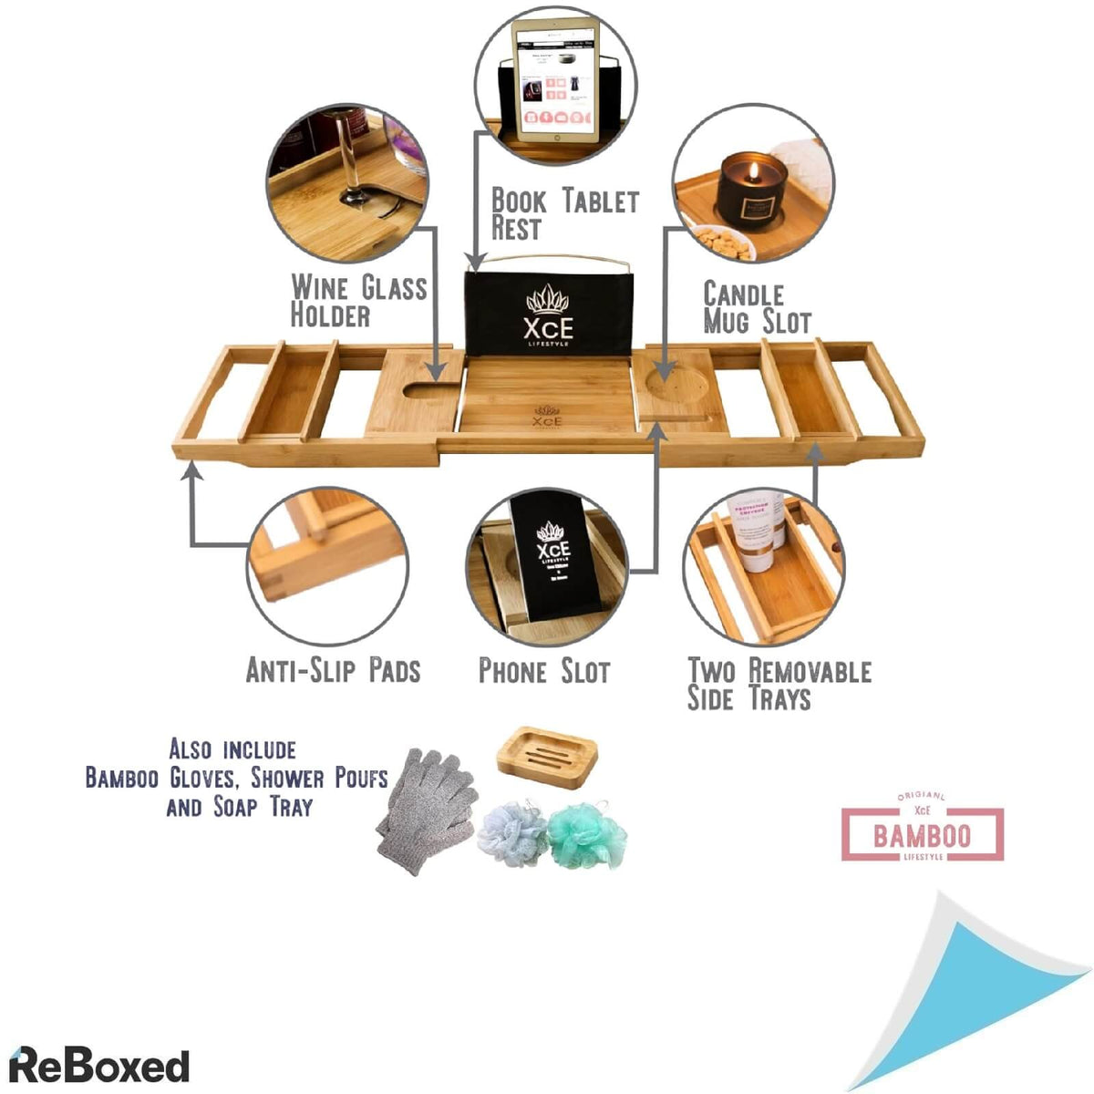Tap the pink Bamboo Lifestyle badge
922,833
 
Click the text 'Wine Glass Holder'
357,301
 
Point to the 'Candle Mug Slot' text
756,307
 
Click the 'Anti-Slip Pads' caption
333,671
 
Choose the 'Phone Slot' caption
543,672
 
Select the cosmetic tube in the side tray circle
760,532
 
